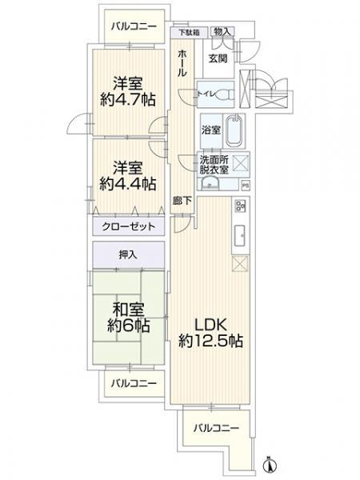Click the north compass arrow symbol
(270, 463)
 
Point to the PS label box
(245, 186)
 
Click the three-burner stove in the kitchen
(239, 210)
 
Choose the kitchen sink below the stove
(239, 235)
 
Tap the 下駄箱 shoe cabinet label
(190, 33)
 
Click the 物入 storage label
(223, 32)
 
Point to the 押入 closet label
(128, 255)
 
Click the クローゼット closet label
(128, 226)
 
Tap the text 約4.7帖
(128, 98)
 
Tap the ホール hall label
(182, 62)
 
